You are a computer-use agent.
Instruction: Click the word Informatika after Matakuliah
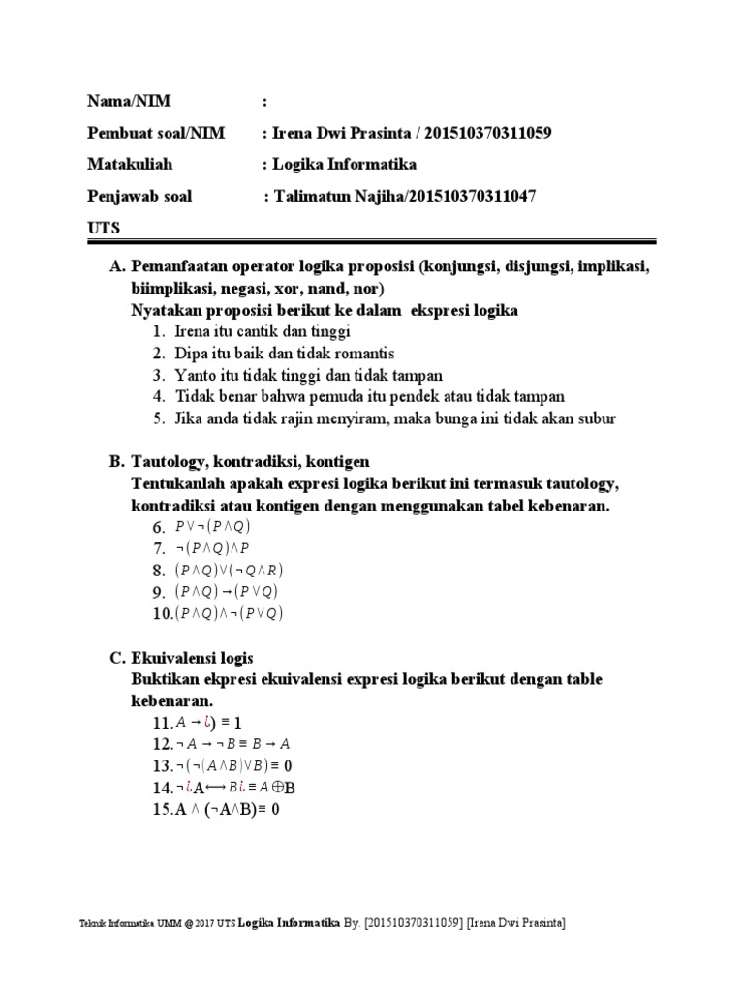click(x=365, y=164)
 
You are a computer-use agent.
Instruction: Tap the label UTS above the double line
click(x=104, y=227)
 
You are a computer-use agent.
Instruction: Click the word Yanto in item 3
click(x=196, y=375)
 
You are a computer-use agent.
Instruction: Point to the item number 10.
click(x=162, y=613)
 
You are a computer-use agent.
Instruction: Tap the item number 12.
click(x=162, y=744)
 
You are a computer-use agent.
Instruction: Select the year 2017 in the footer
click(x=203, y=924)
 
